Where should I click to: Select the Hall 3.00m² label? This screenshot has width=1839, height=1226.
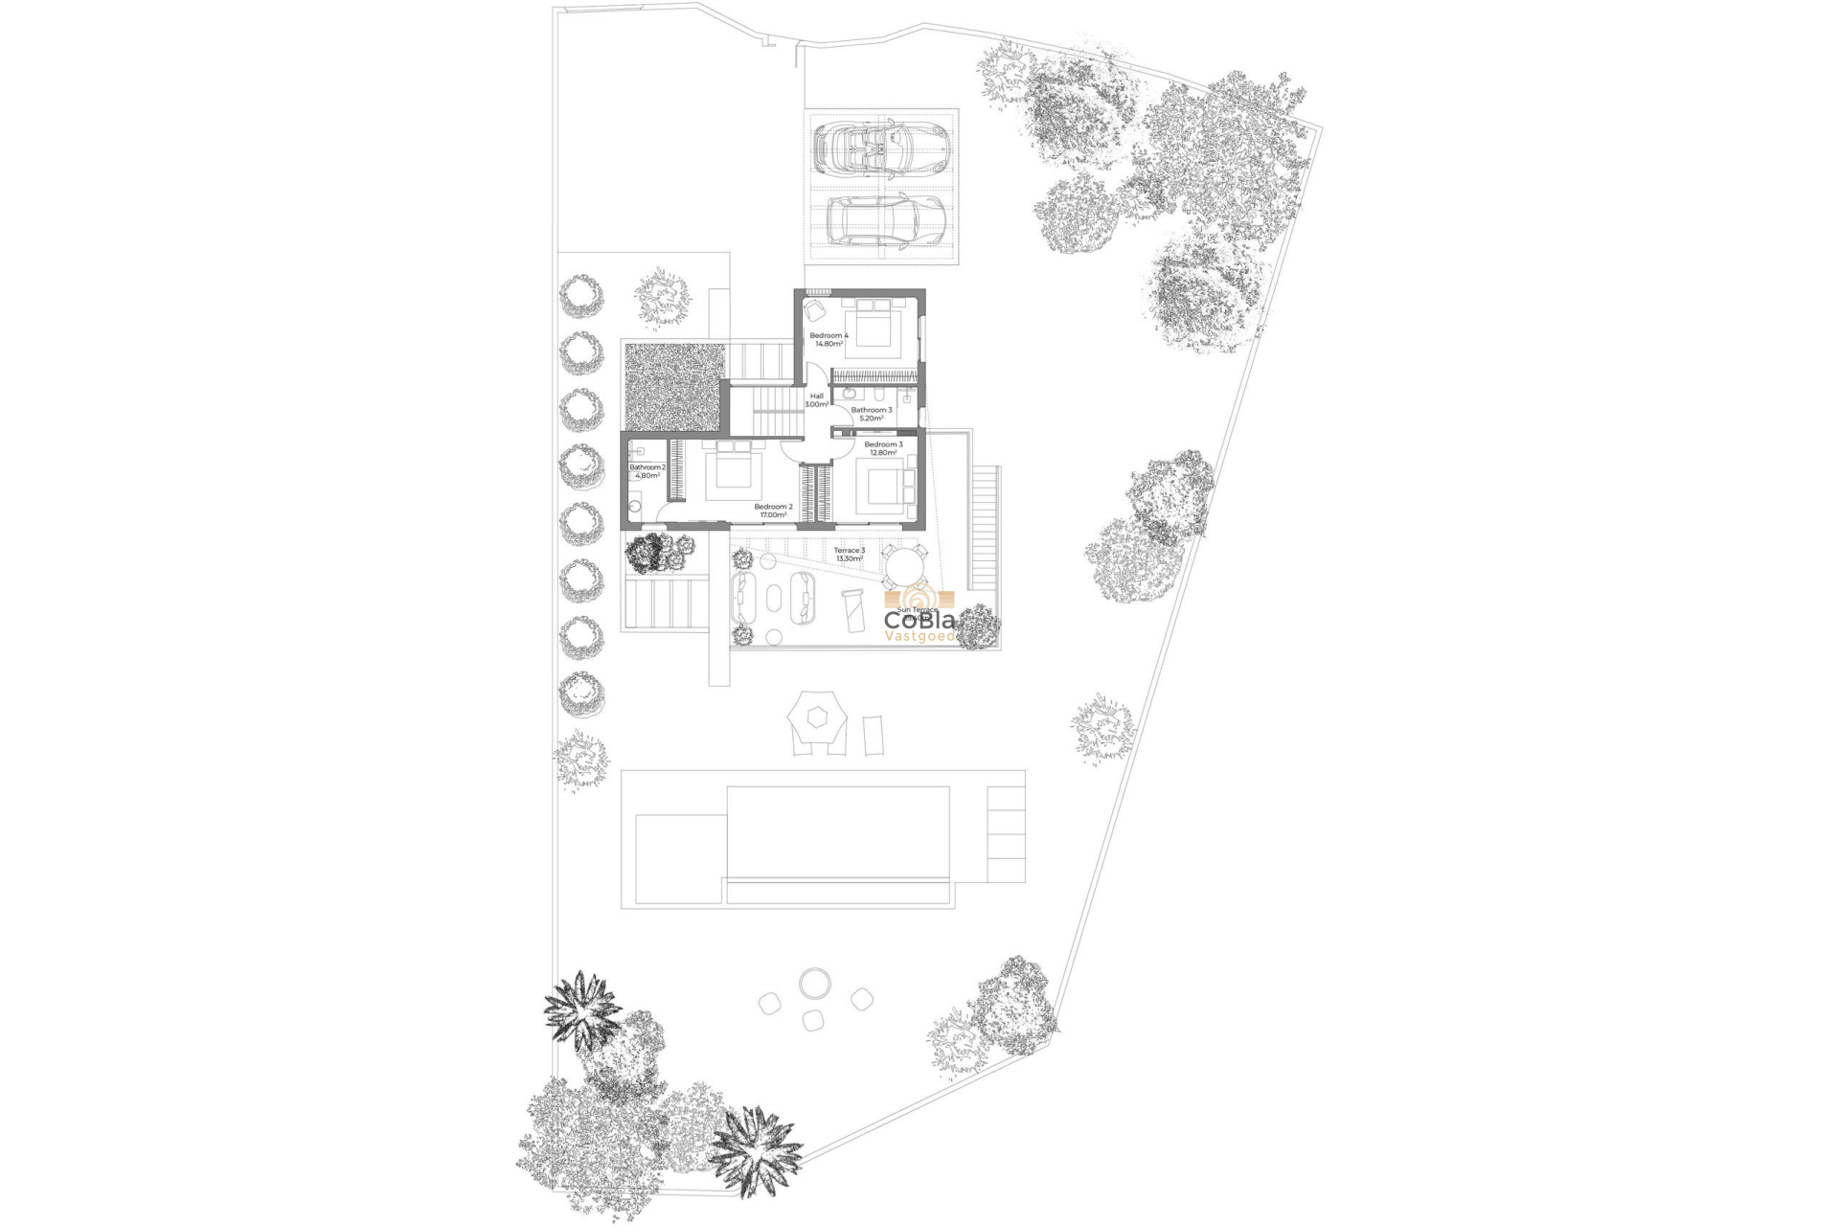(x=816, y=400)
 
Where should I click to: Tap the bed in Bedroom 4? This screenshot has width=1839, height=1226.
(x=873, y=325)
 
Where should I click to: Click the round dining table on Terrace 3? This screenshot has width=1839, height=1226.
(x=904, y=566)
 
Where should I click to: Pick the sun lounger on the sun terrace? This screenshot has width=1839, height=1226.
(x=851, y=609)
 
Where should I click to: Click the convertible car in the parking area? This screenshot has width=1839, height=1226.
(x=882, y=146)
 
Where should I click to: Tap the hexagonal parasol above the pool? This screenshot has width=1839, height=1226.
(x=817, y=715)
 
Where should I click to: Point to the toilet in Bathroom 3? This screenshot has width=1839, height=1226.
(x=877, y=395)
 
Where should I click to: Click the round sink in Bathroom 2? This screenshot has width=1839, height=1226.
(x=634, y=504)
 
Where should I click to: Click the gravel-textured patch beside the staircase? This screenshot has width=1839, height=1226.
(x=672, y=386)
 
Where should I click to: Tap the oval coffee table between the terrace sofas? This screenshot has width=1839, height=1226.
(x=772, y=603)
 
